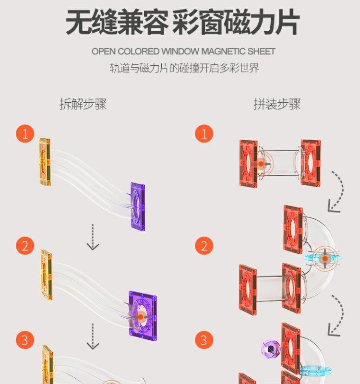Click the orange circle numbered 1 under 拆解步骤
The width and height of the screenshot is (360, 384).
pyautogui.click(x=25, y=134)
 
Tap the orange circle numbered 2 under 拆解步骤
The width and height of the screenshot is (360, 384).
pyautogui.click(x=25, y=246)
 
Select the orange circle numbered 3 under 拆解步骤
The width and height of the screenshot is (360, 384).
pyautogui.click(x=25, y=340)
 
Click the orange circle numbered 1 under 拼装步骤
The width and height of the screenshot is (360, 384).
pyautogui.click(x=204, y=134)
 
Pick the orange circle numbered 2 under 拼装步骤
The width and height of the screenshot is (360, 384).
pyautogui.click(x=204, y=246)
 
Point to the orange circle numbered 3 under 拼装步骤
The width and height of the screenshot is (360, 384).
pyautogui.click(x=204, y=340)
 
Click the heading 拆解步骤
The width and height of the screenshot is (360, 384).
pyautogui.click(x=83, y=104)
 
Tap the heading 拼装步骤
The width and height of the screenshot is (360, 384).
pyautogui.click(x=277, y=104)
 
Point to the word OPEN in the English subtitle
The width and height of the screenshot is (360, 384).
pyautogui.click(x=104, y=51)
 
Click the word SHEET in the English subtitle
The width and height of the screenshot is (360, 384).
pyautogui.click(x=261, y=51)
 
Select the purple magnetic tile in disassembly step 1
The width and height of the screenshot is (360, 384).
pyautogui.click(x=137, y=203)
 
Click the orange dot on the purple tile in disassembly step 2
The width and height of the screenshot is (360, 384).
pyautogui.click(x=141, y=316)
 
